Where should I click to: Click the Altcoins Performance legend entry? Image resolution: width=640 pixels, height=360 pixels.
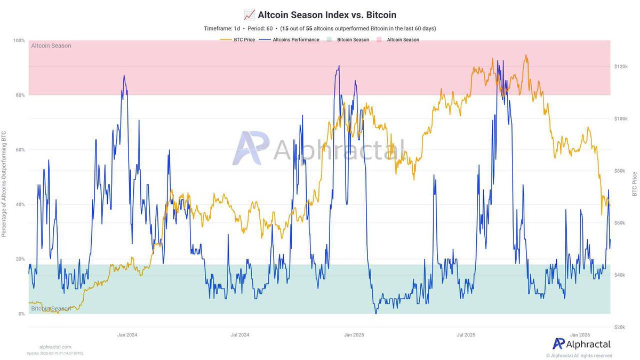tap(292, 39)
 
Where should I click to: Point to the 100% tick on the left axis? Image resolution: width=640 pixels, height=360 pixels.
tap(19, 41)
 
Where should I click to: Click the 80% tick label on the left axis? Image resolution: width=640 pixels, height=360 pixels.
tap(20, 95)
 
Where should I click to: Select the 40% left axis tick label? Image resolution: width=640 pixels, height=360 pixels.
tap(20, 205)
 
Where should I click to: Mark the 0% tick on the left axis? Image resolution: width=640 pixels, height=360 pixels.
tap(21, 314)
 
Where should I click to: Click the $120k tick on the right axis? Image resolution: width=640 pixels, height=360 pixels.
tap(622, 67)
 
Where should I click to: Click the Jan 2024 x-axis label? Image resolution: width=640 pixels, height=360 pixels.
tap(127, 335)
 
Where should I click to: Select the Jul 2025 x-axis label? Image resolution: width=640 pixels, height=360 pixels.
tap(467, 335)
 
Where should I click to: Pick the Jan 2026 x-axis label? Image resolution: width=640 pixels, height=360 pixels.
tap(580, 335)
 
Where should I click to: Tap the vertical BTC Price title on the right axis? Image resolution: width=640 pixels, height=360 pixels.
tap(635, 184)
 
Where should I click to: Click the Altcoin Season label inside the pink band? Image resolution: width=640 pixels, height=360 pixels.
tap(51, 46)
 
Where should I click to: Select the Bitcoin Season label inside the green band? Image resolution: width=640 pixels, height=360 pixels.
tap(51, 309)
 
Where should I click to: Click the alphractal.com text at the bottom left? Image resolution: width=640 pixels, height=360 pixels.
tap(55, 347)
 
